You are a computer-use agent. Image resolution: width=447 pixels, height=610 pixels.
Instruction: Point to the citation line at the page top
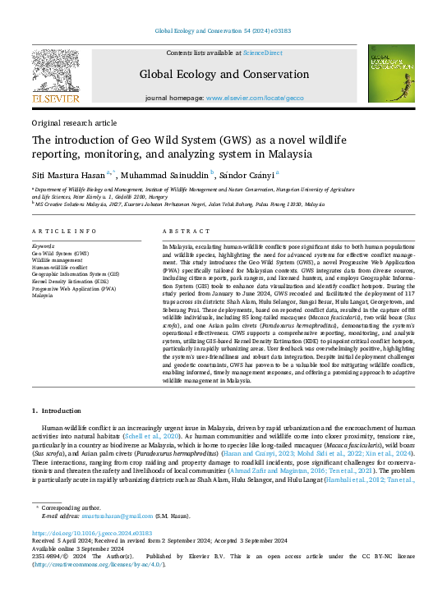coord(223,30)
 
